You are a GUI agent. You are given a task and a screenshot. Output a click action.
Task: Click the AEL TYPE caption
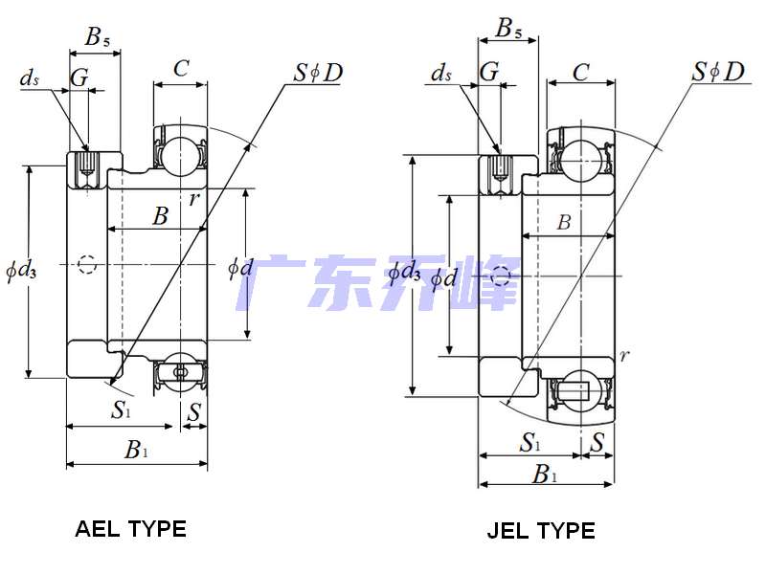click(130, 528)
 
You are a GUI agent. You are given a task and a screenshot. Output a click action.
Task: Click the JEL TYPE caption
click(541, 530)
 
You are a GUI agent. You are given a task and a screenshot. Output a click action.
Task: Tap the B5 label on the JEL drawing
click(509, 30)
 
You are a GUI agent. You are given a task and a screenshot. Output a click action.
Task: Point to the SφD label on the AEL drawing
click(319, 72)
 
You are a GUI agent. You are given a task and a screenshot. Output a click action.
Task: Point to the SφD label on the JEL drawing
click(718, 72)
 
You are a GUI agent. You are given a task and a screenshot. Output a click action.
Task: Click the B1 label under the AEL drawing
click(136, 450)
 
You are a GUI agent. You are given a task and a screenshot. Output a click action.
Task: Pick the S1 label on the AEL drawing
click(120, 410)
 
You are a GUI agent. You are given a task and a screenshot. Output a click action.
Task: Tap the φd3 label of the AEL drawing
click(20, 272)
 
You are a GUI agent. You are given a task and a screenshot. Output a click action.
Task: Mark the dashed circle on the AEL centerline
click(87, 263)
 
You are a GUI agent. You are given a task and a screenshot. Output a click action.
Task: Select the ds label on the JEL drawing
click(441, 74)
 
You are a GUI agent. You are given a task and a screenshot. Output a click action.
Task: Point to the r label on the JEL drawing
click(624, 356)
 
